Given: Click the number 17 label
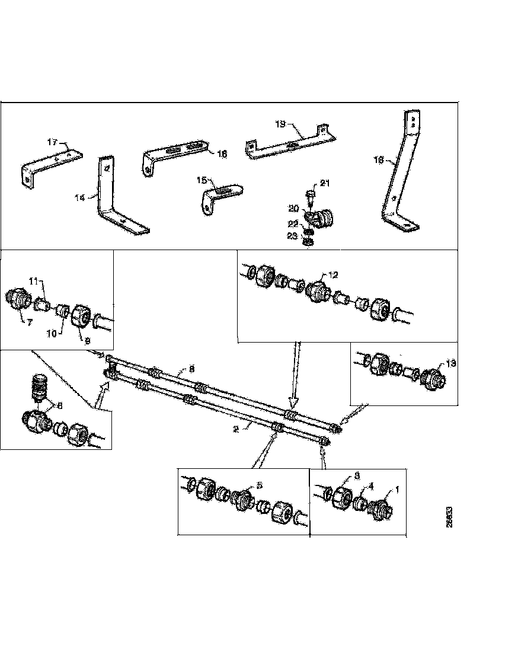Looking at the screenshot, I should pyautogui.click(x=53, y=142).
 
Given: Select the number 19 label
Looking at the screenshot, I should pyautogui.click(x=281, y=124).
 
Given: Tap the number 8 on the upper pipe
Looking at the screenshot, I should pyautogui.click(x=191, y=369).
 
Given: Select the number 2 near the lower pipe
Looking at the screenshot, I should pyautogui.click(x=236, y=429).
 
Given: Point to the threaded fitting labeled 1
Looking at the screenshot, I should pyautogui.click(x=378, y=507).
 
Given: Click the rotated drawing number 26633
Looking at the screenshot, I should pyautogui.click(x=450, y=517).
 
